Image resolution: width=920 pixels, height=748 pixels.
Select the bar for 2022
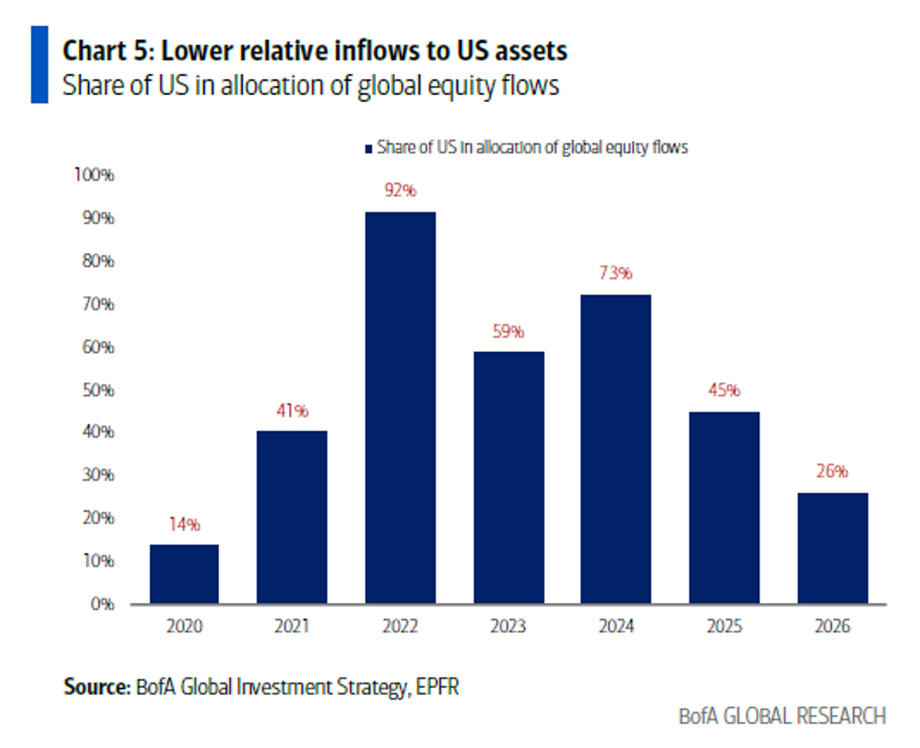400,407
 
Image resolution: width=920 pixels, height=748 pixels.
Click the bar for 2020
184,574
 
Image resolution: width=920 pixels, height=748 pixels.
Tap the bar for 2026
833,548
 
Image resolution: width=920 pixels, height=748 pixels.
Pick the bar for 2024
616,449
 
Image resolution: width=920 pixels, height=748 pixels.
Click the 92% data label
400,190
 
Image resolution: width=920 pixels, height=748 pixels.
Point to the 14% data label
184,526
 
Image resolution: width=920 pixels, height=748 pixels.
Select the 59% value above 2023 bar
508,331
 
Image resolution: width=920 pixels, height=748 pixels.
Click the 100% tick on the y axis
93,176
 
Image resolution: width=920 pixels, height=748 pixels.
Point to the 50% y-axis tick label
96,390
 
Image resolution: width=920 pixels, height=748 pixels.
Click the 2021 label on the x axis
292,627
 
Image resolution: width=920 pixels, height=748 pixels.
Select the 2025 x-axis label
724,627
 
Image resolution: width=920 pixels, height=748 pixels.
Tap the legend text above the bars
532,148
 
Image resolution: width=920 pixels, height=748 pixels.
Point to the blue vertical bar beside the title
39,64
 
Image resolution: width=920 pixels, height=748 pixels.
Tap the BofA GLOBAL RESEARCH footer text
782,716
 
